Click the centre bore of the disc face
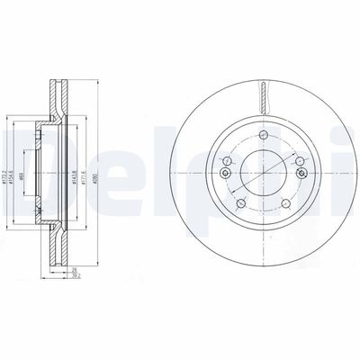[262, 174]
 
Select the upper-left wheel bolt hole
[225, 162]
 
